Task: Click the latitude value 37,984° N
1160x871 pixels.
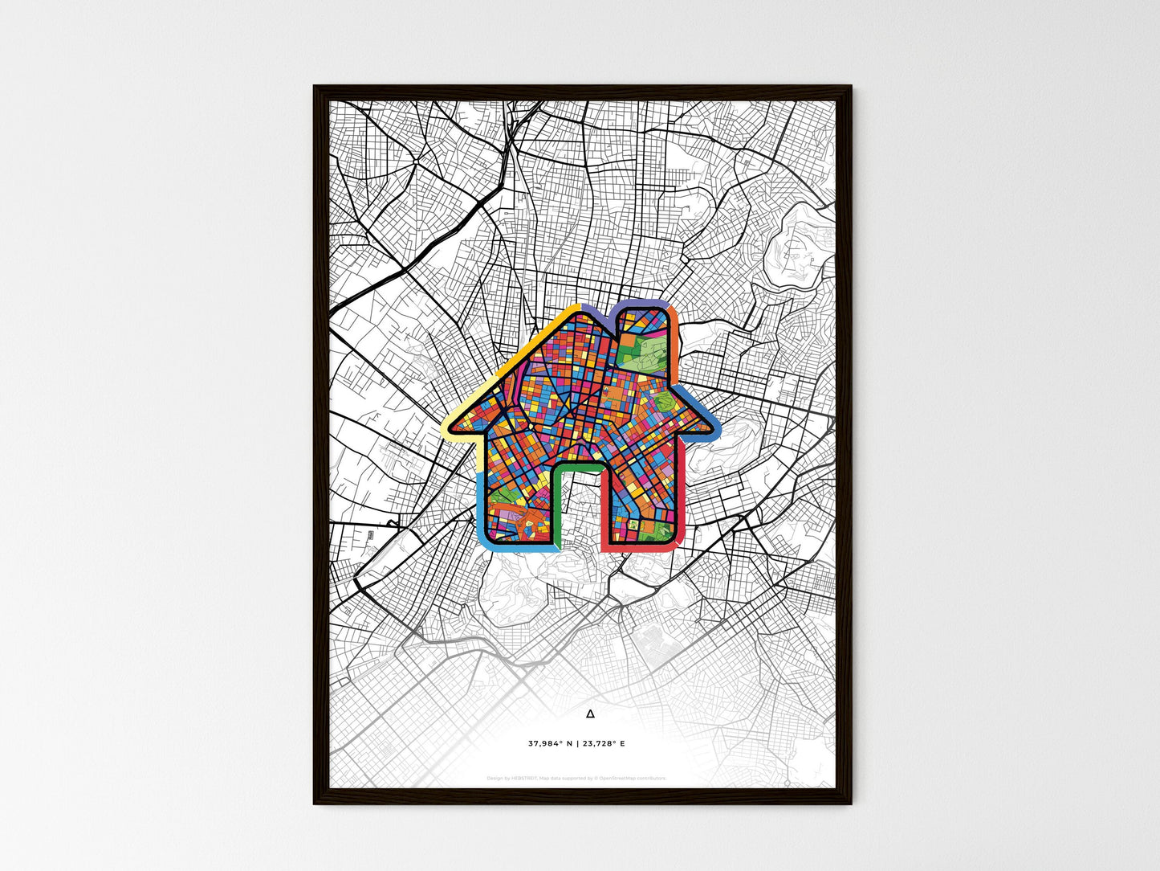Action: tap(551, 743)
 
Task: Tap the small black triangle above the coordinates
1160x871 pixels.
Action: tap(591, 714)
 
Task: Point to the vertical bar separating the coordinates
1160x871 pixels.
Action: tap(576, 743)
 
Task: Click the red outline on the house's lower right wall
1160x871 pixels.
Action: tap(679, 514)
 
